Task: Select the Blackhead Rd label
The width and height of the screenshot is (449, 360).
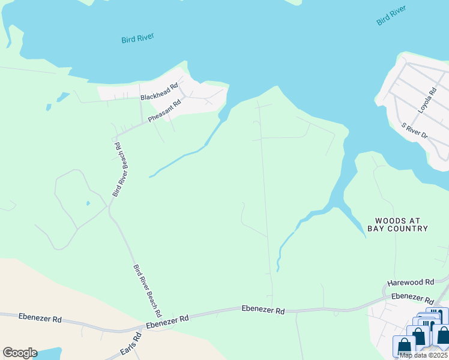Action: click(159, 92)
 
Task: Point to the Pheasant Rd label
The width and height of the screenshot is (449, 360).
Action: click(164, 111)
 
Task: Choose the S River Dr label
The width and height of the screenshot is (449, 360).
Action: click(415, 131)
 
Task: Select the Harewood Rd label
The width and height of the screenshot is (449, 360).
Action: click(411, 282)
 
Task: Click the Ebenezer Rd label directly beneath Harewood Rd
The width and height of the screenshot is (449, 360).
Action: click(412, 298)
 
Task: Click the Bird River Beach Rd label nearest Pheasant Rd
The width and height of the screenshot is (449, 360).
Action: click(118, 169)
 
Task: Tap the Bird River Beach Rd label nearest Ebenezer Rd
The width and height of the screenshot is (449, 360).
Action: click(147, 290)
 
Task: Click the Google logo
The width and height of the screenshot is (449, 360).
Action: click(20, 353)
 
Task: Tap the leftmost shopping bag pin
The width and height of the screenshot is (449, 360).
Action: click(404, 346)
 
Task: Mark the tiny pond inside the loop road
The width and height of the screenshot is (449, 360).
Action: click(88, 203)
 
